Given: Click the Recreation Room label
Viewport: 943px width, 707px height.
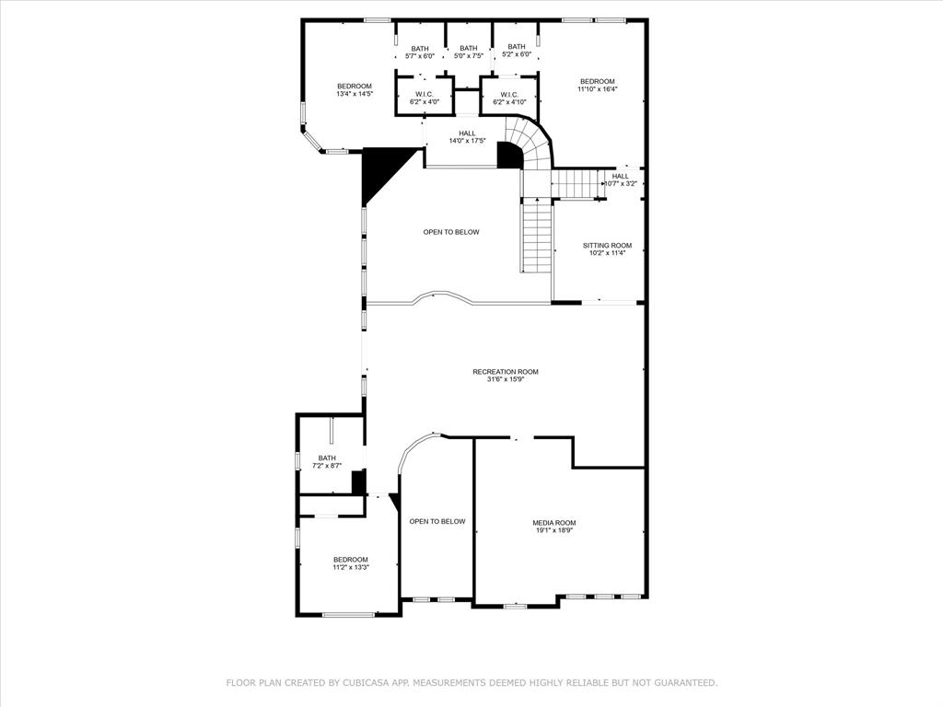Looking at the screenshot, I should tap(506, 372).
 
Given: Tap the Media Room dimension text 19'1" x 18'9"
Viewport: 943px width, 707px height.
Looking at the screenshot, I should tap(553, 530).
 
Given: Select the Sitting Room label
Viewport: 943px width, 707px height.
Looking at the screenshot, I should tap(607, 246).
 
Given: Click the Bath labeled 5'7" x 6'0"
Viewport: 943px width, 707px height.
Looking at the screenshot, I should tap(420, 52).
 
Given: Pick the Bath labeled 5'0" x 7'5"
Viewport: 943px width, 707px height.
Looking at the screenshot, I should tap(469, 52).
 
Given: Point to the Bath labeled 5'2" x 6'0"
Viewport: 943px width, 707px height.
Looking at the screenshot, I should tap(517, 51).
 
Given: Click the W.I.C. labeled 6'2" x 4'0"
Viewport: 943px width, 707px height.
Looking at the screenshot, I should tap(425, 98).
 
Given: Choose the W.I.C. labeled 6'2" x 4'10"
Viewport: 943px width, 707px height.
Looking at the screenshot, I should tap(509, 98).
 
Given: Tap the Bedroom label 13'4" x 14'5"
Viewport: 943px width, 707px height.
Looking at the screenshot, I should tap(354, 89).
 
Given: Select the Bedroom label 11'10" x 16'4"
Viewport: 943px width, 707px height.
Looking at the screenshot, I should tap(597, 85).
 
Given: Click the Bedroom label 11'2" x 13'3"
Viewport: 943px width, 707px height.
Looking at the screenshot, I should tap(351, 563).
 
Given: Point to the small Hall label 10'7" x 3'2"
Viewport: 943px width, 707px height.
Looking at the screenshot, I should tap(621, 180).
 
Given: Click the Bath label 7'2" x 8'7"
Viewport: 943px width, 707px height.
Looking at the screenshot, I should tap(327, 462).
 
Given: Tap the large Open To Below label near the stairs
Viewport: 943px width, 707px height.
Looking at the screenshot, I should tap(451, 232).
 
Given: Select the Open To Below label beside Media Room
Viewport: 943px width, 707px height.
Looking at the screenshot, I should tap(437, 521).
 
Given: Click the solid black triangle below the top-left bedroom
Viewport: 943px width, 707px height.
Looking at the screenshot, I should tap(378, 170).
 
